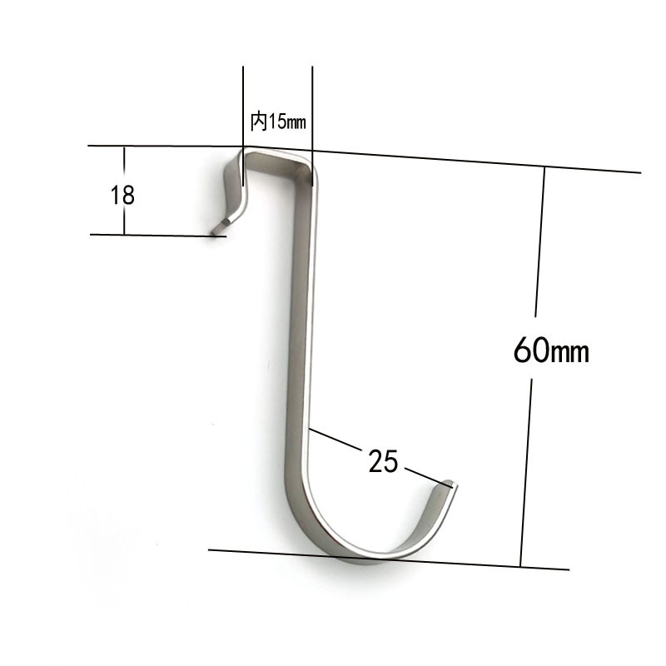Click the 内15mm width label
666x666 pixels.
[279, 122]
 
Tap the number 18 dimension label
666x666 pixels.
[122, 196]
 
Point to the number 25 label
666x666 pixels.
[384, 461]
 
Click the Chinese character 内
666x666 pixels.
[258, 122]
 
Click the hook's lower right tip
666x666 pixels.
[450, 484]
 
